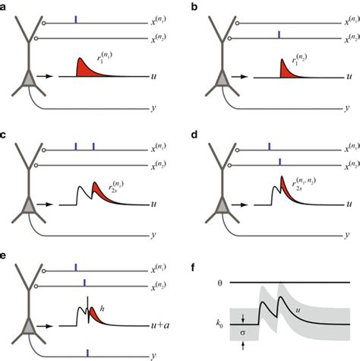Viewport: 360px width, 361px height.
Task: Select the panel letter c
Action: [5, 132]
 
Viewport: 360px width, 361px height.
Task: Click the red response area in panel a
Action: [85, 68]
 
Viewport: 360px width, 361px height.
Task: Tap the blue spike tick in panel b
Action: [279, 35]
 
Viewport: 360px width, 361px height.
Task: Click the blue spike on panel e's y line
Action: [87, 351]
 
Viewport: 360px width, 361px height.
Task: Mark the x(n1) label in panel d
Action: [347, 146]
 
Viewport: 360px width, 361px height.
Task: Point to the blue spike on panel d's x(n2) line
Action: [279, 160]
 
